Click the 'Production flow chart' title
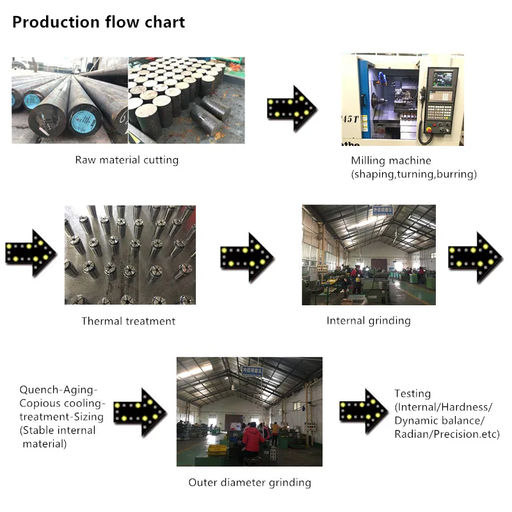[x=99, y=22]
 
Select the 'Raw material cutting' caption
[x=127, y=160]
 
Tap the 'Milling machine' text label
[x=391, y=161]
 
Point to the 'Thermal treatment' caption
[x=128, y=321]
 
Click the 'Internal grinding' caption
[x=369, y=320]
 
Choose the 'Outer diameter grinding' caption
[x=250, y=482]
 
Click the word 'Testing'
[x=412, y=394]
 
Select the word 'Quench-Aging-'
[x=58, y=389]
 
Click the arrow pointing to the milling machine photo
[x=292, y=108]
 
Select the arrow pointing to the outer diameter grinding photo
[x=140, y=412]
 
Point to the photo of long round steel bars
[x=69, y=100]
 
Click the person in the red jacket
[x=252, y=442]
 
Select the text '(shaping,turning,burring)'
[x=414, y=174]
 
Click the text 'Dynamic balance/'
[x=440, y=420]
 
